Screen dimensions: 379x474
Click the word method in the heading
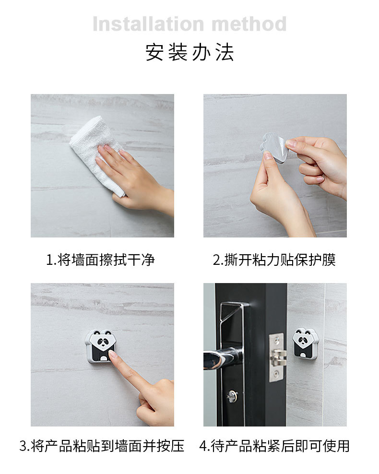tap(249, 24)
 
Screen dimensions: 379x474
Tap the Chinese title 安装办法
tap(189, 52)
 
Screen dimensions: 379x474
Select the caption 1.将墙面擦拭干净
tap(100, 260)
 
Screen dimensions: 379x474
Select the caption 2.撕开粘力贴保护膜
tap(274, 260)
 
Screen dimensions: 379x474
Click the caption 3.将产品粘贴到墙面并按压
tap(102, 446)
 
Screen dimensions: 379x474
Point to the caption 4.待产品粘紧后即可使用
tap(274, 446)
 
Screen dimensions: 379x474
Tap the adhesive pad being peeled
tap(273, 147)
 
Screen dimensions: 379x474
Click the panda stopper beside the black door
tap(305, 344)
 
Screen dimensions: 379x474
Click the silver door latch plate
tap(277, 357)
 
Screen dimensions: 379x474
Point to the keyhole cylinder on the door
tap(232, 396)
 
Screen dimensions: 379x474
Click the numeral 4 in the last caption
tap(203, 446)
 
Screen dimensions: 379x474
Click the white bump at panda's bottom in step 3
tap(103, 359)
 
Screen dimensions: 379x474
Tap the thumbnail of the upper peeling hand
tap(291, 143)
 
